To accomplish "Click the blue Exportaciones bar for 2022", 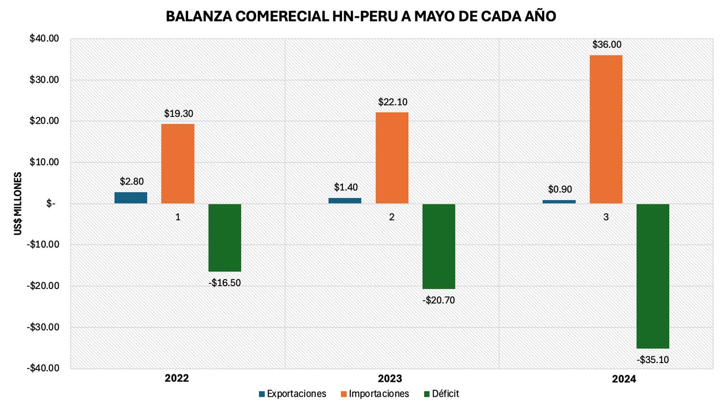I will coord(130,198).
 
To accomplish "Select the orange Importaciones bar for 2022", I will coord(178,164).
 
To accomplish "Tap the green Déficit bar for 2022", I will coord(225,238).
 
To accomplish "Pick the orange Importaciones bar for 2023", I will coord(392,158).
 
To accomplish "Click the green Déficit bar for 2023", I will coord(438,246).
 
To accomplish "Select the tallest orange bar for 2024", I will coord(606,129).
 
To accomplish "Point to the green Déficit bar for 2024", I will coord(653,276).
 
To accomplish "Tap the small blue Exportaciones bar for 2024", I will coord(559,201).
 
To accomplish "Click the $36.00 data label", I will coord(606,45).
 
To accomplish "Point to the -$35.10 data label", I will coord(653,360).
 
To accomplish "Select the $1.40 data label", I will coord(346,188).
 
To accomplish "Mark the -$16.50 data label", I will coord(224,283).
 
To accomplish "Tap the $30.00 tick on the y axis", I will coord(44,80).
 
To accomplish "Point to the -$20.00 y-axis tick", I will coord(43,286).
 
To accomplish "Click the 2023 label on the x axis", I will coord(390,378).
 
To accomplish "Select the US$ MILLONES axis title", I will coord(18,203).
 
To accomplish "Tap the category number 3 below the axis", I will coord(606,217).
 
